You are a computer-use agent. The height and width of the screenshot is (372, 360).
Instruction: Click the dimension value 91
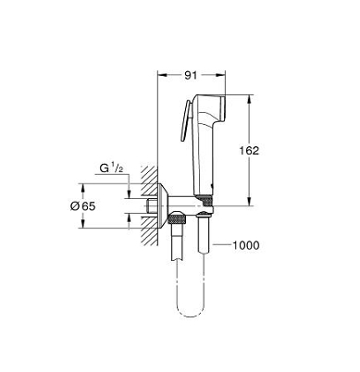click(191, 75)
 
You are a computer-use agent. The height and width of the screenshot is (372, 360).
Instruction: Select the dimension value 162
click(249, 151)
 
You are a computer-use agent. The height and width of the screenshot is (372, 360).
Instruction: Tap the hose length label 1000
click(245, 245)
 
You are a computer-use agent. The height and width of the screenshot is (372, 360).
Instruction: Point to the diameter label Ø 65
click(83, 205)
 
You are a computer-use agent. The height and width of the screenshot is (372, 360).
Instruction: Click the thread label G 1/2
click(111, 168)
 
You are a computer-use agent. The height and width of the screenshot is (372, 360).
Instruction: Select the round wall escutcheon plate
click(163, 205)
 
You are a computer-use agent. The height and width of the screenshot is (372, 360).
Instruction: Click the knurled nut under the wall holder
click(177, 220)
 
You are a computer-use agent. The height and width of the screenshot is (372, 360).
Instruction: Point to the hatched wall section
click(150, 205)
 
